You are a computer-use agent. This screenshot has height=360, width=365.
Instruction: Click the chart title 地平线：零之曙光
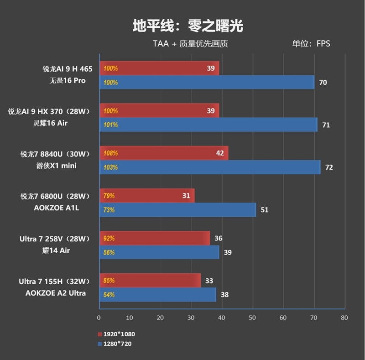coord(188,26)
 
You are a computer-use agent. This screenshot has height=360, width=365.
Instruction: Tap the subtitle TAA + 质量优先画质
coord(190,44)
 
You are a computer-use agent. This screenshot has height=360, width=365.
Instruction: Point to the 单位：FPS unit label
coord(311,44)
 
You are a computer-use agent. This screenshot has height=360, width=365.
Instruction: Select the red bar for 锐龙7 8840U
coord(164,153)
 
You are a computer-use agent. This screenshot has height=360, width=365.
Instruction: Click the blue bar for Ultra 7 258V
coord(159,252)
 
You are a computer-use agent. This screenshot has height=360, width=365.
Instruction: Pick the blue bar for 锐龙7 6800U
coord(177,210)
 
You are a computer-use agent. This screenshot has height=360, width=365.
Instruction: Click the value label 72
coord(329,167)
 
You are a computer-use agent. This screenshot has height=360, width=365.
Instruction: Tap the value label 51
coord(265,210)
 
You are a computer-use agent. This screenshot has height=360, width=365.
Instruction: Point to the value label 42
coord(220,153)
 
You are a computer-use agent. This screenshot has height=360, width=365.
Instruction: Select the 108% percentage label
coord(110,153)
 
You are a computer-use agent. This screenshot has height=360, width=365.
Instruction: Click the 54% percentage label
coord(109,295)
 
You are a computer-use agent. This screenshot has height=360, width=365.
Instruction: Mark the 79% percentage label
coord(109,196)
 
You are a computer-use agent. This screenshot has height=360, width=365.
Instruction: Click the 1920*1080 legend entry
coord(116,334)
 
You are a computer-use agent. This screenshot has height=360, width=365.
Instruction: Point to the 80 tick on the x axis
coord(344,318)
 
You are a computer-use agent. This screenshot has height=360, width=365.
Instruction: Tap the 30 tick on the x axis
coord(191,318)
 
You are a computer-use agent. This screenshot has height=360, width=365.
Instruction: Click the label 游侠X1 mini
coord(57,166)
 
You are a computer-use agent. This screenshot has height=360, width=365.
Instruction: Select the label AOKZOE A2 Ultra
coord(56,293)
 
